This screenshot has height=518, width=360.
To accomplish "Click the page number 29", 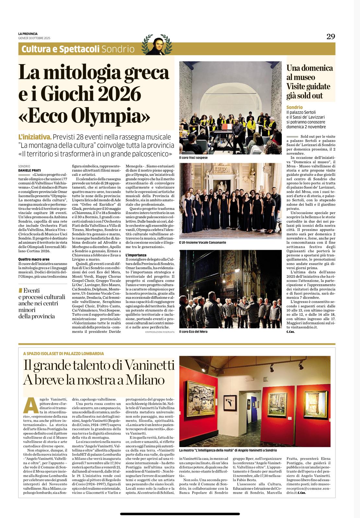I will coord(331,37).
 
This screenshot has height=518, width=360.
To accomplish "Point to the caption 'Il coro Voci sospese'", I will coord(193,158).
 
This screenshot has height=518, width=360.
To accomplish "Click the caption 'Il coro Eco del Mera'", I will coord(193,332).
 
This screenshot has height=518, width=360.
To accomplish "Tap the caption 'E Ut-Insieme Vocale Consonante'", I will coord(203,242).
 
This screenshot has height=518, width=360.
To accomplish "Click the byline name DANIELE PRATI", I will coord(29,170).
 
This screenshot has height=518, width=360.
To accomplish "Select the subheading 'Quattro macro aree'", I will coord(34,259).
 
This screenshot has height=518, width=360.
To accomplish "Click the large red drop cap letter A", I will coord(30,405).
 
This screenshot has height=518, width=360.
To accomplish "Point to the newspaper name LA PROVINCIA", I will coord(28,34).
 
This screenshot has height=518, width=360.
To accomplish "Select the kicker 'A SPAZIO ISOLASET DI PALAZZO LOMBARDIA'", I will coord(64,354).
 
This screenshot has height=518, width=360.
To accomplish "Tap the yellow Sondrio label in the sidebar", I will coord(295,107).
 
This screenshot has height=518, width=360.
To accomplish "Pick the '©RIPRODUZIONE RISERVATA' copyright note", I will coord(160,332).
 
